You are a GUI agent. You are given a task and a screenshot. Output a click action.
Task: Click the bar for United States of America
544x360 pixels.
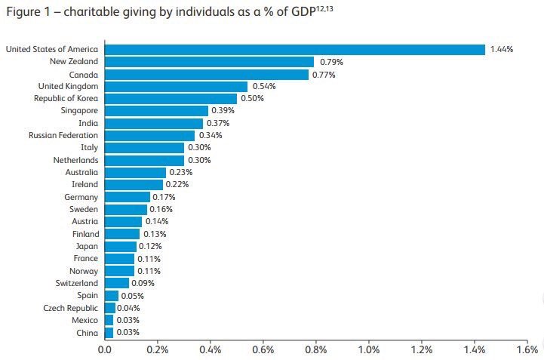pos(294,49)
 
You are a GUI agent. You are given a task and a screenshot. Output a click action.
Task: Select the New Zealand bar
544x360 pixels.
pos(209,62)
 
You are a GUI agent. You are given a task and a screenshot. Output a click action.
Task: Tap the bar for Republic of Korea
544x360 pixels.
pos(171,99)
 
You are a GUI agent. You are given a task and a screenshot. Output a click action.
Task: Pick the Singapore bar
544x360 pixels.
pos(156,111)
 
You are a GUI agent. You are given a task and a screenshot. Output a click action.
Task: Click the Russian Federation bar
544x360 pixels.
pos(149,136)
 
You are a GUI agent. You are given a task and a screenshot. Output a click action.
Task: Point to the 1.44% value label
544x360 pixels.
pos(502,49)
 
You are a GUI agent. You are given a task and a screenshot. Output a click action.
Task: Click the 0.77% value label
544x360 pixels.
pos(324,74)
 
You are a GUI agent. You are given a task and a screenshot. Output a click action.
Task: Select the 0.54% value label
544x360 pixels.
pos(264,87)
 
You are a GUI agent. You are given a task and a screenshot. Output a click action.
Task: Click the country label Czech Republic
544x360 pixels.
pos(69,308)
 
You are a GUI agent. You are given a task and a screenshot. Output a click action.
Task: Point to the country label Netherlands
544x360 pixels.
pos(75,160)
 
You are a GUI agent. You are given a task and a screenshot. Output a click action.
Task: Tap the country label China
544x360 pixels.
pos(87,333)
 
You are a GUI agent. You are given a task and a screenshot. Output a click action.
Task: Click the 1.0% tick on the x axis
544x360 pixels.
pos(369,350)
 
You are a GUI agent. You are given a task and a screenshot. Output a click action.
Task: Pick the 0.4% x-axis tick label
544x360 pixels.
pos(211,350)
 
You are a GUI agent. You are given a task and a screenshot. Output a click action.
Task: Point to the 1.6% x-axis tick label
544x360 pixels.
pos(527,350)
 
